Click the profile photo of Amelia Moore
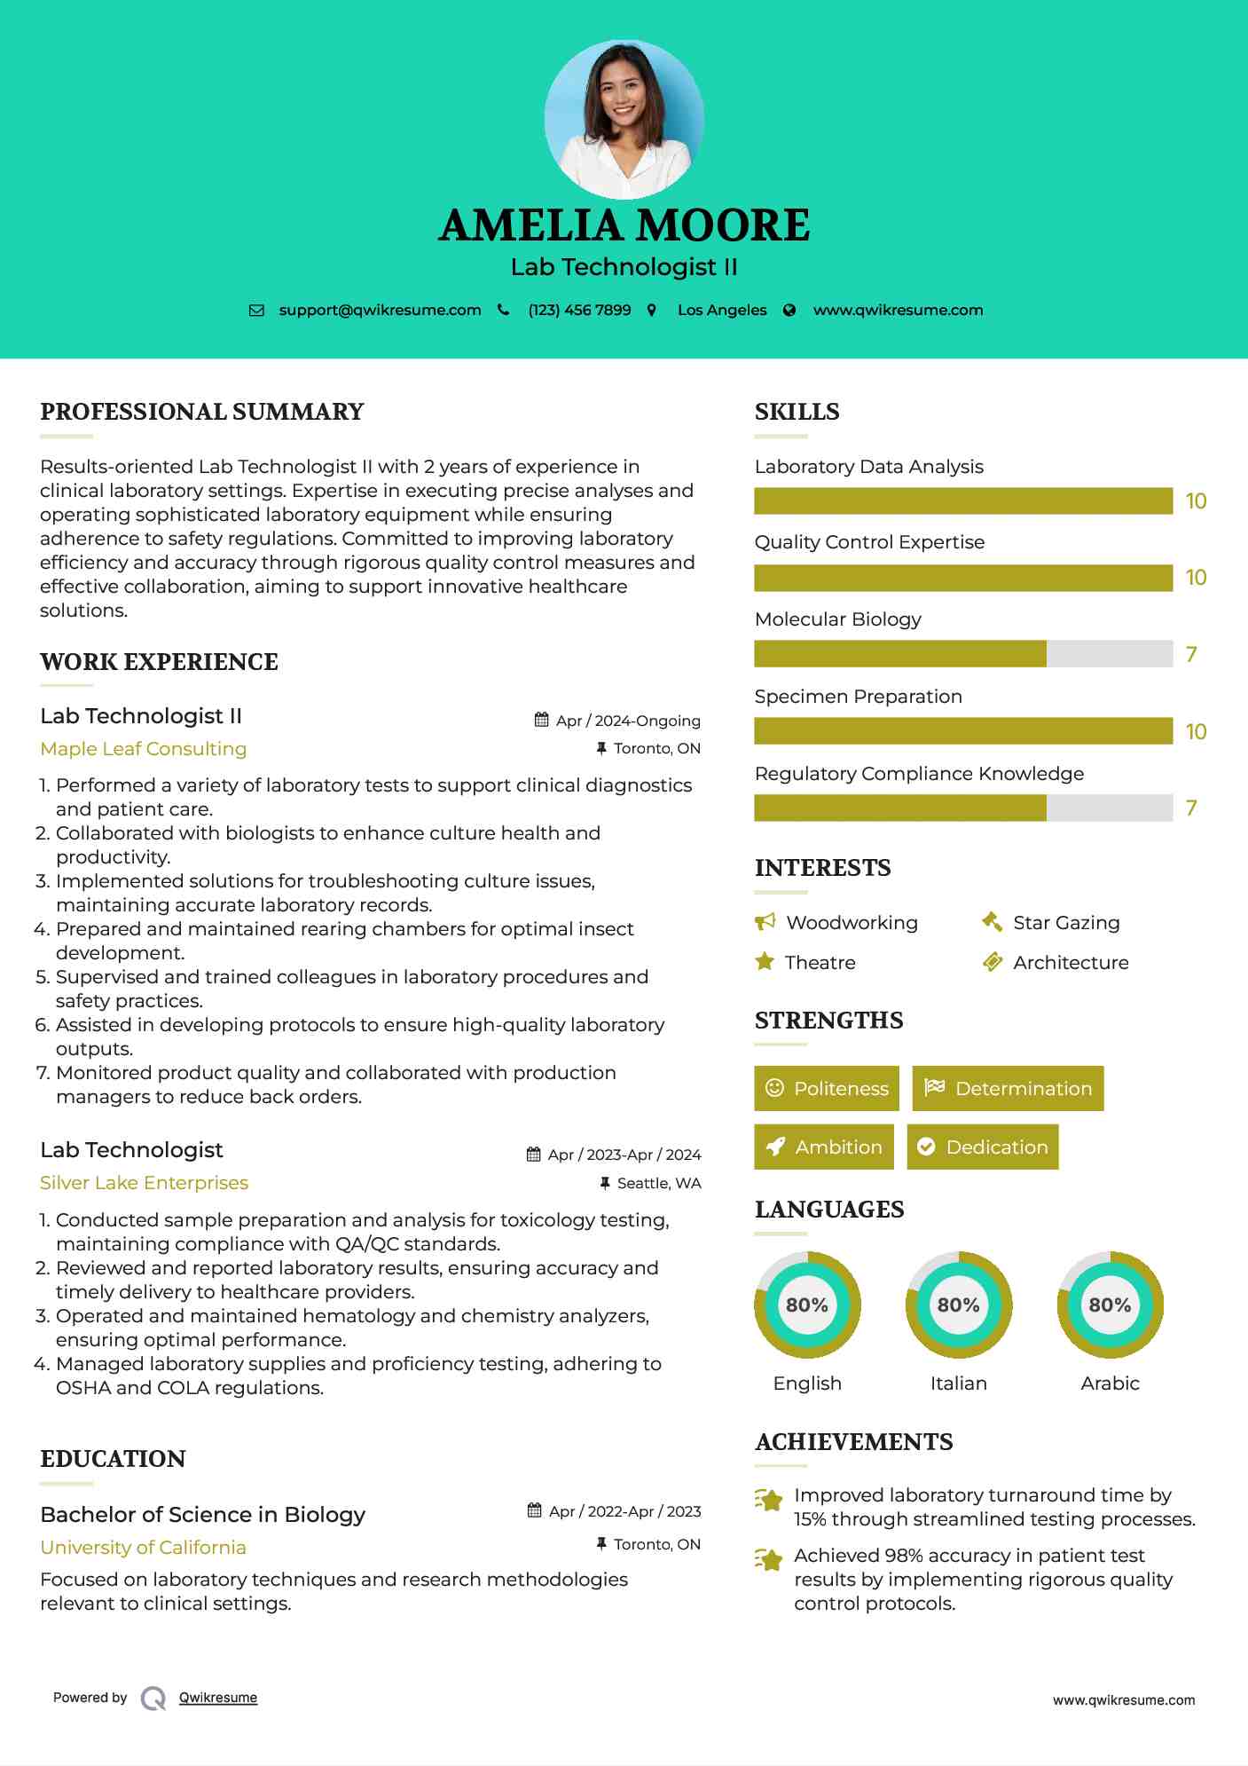tap(624, 119)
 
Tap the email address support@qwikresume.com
tap(380, 310)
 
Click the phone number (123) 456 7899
tap(579, 310)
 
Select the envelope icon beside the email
tap(256, 310)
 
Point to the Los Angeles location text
tap(722, 310)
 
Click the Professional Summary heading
tap(202, 412)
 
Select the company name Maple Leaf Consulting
tap(143, 749)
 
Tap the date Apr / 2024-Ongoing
tap(628, 721)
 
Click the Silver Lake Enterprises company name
tap(144, 1183)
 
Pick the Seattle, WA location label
tap(659, 1183)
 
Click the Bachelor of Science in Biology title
tap(202, 1515)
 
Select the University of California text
tap(143, 1548)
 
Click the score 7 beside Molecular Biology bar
tap(1191, 654)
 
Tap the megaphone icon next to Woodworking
tap(765, 922)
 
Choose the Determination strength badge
tap(1008, 1088)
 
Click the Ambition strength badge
tap(824, 1147)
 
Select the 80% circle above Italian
tap(958, 1305)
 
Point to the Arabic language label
tap(1110, 1384)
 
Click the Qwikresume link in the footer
tap(218, 1698)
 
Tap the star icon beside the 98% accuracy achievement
tap(769, 1558)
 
